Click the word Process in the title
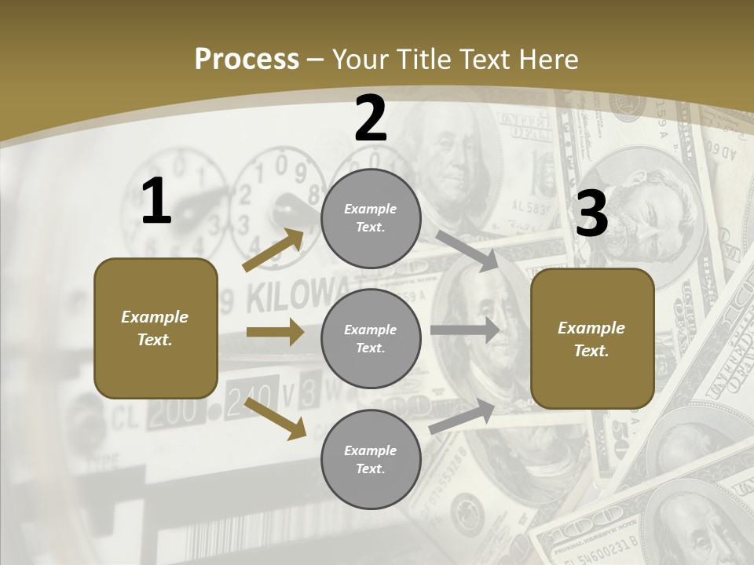[x=247, y=59]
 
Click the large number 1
[x=156, y=202]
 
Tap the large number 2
[x=371, y=118]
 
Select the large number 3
[x=591, y=213]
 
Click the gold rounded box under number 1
[x=156, y=328]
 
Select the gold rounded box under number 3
[x=592, y=338]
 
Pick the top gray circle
[x=371, y=218]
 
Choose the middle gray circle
[x=371, y=338]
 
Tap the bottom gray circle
[x=371, y=459]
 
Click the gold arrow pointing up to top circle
[x=273, y=250]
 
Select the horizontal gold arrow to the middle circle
[x=275, y=332]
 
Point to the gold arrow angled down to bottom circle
[x=276, y=417]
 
